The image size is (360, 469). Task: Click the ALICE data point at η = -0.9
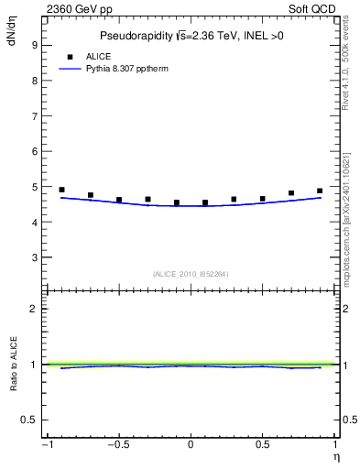point(61,190)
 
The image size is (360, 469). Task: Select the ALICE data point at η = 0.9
point(320,191)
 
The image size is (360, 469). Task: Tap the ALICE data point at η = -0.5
point(119,199)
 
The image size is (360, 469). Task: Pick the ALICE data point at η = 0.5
point(263,198)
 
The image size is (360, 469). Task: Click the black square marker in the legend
point(70,56)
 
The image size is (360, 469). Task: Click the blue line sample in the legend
point(70,69)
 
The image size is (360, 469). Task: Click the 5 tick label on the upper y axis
point(37,187)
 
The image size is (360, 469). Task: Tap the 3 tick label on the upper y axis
point(37,257)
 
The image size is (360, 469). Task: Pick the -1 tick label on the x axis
point(46,445)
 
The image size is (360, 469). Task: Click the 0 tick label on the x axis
point(191,445)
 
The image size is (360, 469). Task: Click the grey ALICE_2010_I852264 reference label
point(191,274)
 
